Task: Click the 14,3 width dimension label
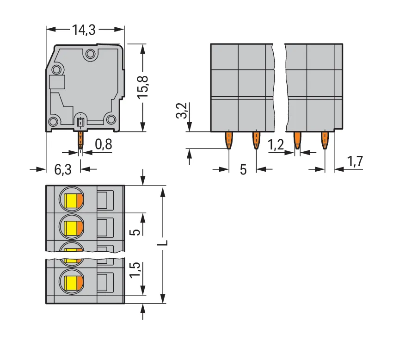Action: click(x=84, y=30)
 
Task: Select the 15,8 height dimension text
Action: click(x=143, y=87)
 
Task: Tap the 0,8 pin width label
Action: click(x=104, y=144)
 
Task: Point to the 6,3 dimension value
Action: click(x=63, y=170)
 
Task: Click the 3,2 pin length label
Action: click(x=182, y=111)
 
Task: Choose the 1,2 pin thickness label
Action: click(x=276, y=145)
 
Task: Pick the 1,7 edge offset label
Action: click(x=355, y=161)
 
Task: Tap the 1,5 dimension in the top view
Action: click(x=135, y=270)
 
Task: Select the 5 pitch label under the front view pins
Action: click(x=243, y=170)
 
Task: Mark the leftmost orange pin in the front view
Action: click(x=229, y=141)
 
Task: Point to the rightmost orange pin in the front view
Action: click(x=325, y=141)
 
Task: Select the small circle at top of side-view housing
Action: click(x=90, y=53)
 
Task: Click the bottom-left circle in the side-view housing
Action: click(x=53, y=122)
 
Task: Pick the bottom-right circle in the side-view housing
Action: click(x=111, y=119)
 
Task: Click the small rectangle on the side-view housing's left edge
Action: click(x=57, y=82)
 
